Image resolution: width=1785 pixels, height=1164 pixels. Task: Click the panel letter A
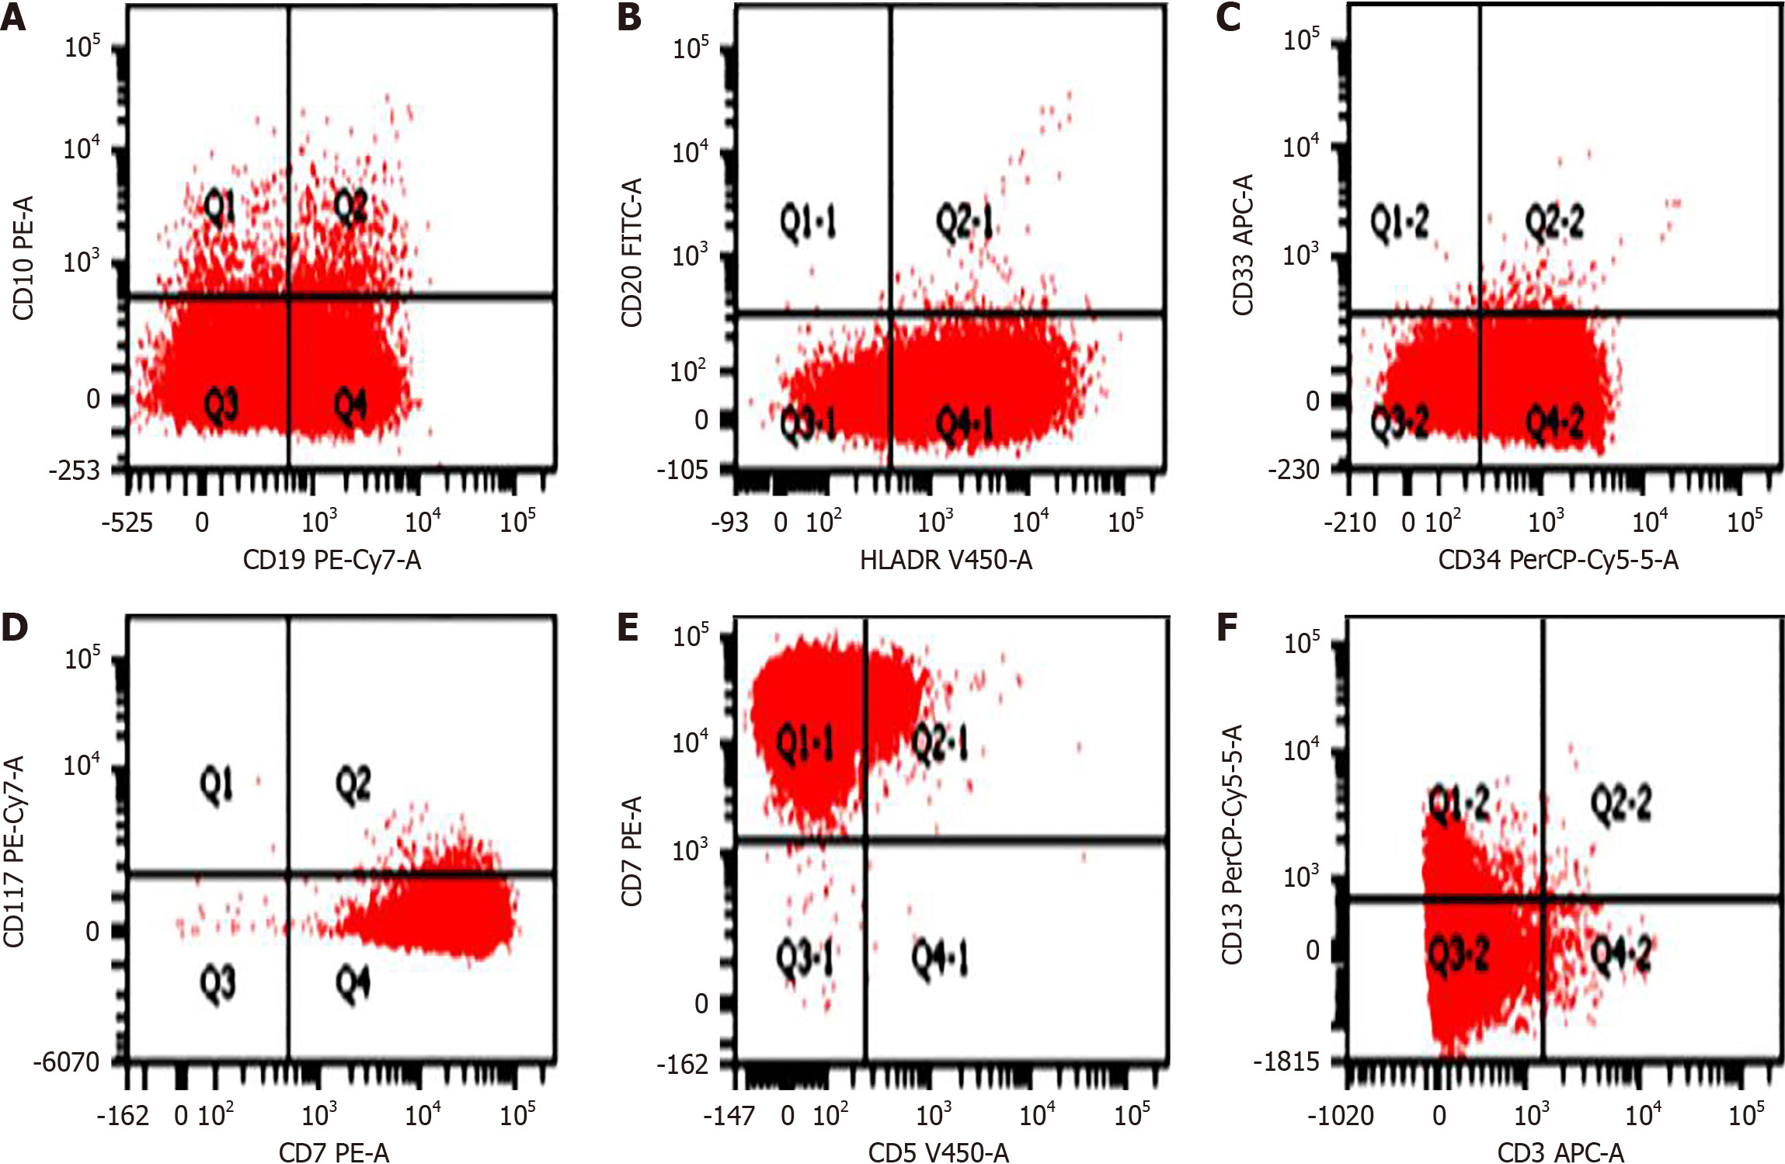(14, 17)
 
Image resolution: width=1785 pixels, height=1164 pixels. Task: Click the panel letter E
(628, 627)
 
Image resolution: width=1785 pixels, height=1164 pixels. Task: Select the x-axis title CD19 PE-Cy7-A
(332, 560)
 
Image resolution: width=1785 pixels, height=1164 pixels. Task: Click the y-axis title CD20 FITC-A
(632, 252)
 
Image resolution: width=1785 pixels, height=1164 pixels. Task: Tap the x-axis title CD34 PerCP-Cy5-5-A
(1558, 560)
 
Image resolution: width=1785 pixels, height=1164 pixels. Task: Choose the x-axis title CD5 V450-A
(938, 1152)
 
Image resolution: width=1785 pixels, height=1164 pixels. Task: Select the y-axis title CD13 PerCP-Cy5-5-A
(1232, 845)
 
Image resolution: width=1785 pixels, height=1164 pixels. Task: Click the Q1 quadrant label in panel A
(220, 208)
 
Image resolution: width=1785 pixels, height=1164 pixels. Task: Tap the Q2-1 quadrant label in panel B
(964, 223)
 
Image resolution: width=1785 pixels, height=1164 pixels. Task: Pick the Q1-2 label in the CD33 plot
(1399, 223)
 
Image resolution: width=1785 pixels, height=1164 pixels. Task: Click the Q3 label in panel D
(217, 984)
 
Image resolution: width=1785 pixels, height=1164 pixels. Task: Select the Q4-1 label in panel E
(940, 959)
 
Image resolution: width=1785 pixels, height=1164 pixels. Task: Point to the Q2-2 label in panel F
(1621, 804)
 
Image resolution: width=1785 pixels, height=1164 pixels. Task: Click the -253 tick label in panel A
(75, 471)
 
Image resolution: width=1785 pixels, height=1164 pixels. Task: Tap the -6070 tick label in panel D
(67, 1061)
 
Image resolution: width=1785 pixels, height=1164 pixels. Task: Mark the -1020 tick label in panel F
(1341, 1116)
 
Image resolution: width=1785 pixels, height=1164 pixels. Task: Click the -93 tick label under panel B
(729, 523)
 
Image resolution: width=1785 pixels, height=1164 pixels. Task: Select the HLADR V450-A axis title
(945, 560)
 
